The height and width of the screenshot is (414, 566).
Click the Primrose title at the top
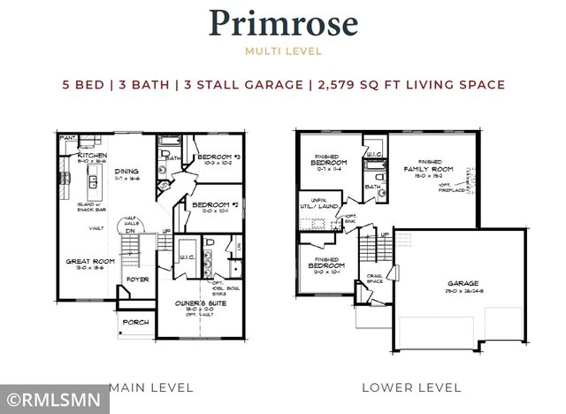coord(283,24)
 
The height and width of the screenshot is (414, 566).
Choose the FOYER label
coord(137,280)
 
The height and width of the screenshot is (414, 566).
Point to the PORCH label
coord(136,323)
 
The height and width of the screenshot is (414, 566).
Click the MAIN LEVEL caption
coord(140,387)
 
